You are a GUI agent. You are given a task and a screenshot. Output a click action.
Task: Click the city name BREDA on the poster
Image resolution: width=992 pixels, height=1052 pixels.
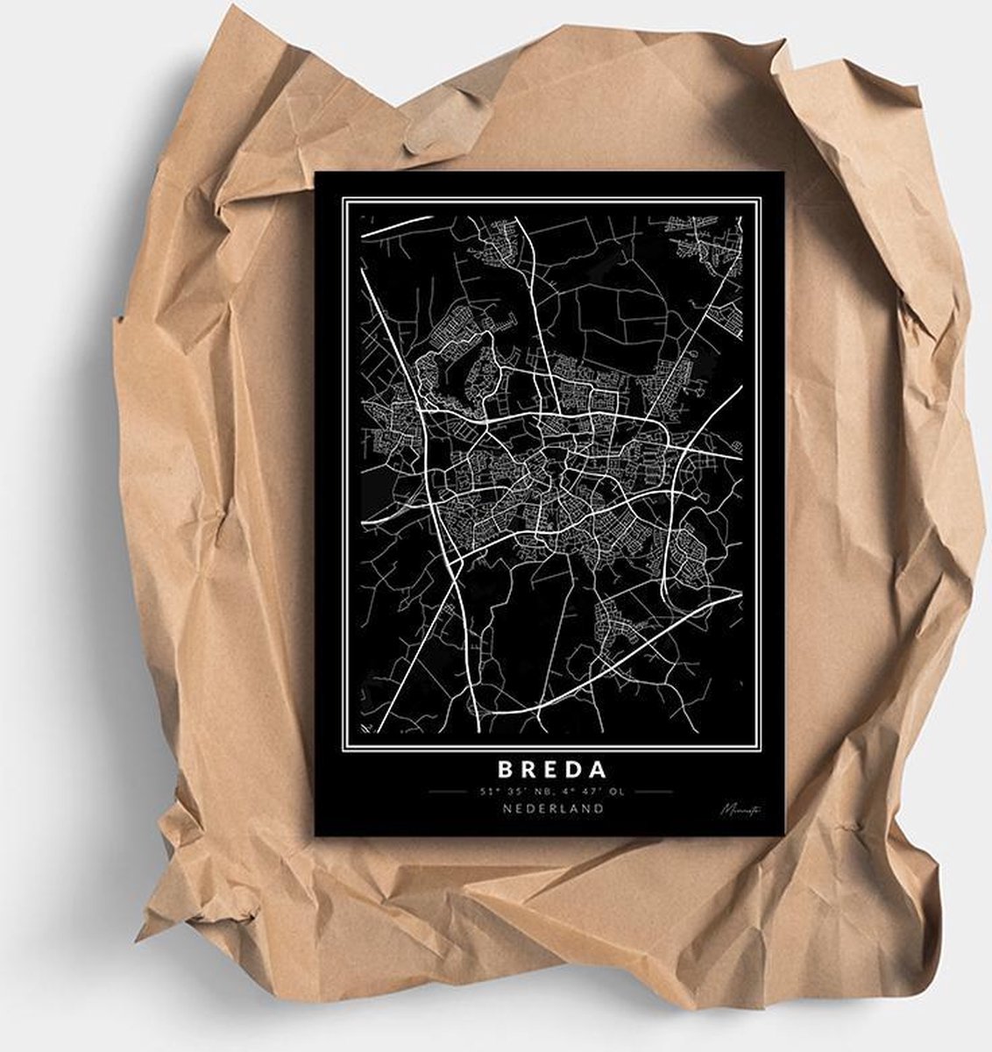(x=552, y=769)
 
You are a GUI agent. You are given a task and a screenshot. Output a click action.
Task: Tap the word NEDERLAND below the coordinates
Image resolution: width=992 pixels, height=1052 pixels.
(x=553, y=808)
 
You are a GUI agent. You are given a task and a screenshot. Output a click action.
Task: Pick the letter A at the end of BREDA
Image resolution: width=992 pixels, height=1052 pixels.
(x=598, y=769)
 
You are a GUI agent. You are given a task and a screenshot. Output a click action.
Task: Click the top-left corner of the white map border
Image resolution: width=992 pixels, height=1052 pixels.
(x=343, y=201)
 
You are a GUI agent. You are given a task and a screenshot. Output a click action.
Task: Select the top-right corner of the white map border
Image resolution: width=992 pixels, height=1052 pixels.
(x=761, y=201)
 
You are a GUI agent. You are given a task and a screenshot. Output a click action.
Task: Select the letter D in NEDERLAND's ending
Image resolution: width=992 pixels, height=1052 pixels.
(x=600, y=808)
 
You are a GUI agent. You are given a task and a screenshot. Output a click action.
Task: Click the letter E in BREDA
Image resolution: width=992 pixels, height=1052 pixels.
(x=552, y=769)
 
